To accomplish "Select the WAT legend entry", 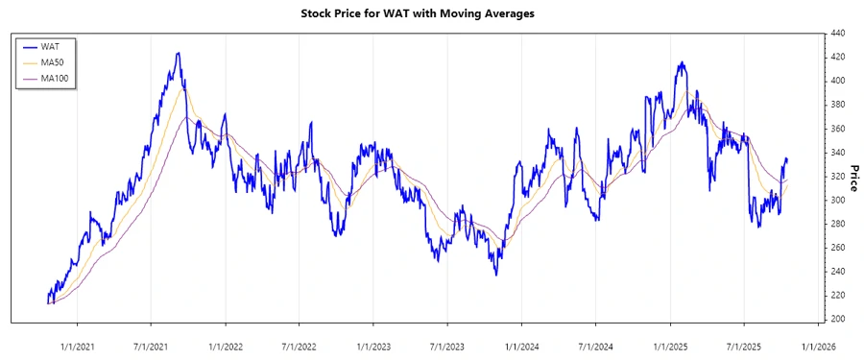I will [x=50, y=45].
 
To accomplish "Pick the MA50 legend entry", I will [x=53, y=61].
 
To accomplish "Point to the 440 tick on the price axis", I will [x=837, y=33].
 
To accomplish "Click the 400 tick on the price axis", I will [x=837, y=81].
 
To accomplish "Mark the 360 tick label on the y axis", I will [x=837, y=129].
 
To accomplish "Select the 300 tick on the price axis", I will [x=837, y=200].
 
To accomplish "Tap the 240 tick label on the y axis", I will [x=837, y=271].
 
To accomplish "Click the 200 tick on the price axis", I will [x=837, y=319].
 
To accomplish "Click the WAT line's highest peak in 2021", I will [x=178, y=54].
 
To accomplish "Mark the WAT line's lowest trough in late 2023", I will [x=496, y=275].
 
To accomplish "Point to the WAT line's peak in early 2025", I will [x=682, y=63].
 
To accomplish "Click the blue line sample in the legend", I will [x=28, y=45].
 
